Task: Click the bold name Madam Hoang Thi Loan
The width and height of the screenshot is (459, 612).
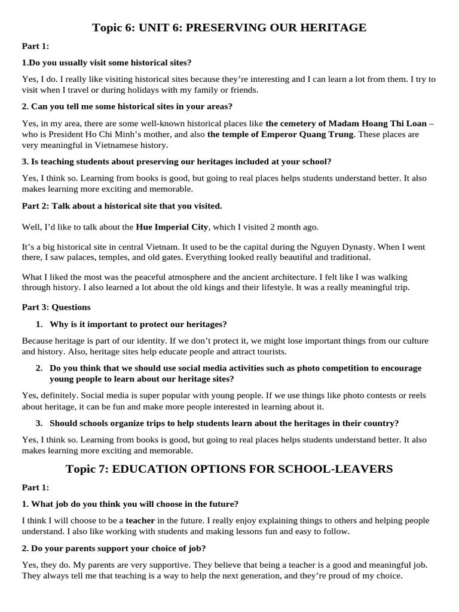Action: pos(378,124)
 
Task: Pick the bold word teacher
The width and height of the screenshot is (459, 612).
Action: pos(140,521)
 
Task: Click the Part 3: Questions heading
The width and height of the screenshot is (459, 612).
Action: pos(56,307)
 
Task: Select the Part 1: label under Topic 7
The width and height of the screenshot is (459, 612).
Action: pos(35,488)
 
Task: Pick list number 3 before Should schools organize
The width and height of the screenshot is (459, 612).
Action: pos(39,424)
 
